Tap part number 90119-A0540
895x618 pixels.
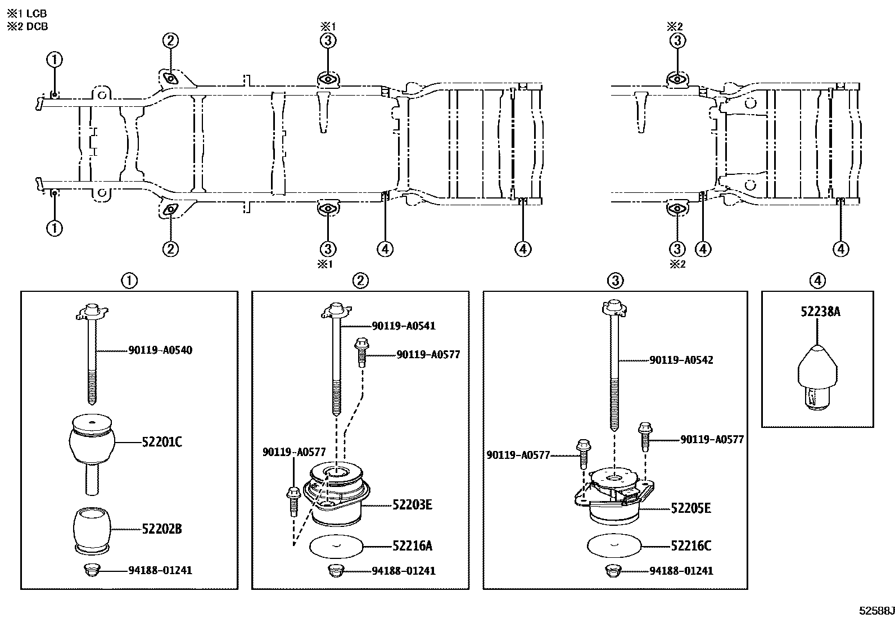(160, 350)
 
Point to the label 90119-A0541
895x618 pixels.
(403, 326)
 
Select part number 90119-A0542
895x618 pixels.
(681, 360)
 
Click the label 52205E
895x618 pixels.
(691, 508)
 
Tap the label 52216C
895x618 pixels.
(691, 546)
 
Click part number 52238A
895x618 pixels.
(820, 312)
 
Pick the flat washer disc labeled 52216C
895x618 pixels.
(614, 545)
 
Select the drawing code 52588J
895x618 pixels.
(875, 611)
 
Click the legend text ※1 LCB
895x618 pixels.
(26, 13)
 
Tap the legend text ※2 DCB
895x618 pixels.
(26, 26)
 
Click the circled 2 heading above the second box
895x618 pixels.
(360, 280)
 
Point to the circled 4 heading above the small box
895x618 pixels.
(817, 280)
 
